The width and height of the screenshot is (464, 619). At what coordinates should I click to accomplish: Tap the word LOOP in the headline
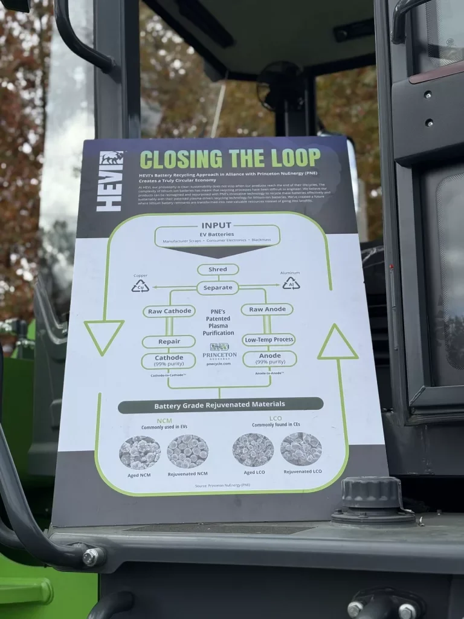(289, 158)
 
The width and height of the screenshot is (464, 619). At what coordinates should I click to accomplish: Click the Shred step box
(217, 270)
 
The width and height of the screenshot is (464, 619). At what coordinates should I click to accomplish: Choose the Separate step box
(217, 288)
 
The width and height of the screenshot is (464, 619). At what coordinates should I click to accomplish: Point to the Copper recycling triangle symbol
(140, 286)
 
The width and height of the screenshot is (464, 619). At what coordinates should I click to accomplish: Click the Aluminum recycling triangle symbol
(291, 283)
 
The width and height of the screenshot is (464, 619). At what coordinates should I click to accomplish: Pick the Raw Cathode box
(169, 311)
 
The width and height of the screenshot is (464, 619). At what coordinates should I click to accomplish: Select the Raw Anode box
(267, 309)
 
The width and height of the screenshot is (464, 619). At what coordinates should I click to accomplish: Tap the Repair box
(169, 342)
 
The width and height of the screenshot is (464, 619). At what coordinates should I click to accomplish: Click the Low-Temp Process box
(269, 339)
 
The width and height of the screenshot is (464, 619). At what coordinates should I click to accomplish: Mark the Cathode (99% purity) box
(169, 361)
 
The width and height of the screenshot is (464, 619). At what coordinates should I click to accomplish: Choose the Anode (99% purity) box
(269, 358)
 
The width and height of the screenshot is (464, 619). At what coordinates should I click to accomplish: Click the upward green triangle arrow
(337, 343)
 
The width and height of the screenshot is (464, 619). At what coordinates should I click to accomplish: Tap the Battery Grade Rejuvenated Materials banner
(220, 404)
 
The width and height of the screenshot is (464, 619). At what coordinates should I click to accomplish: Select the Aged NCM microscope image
(140, 452)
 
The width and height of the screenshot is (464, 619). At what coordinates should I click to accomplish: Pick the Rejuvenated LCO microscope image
(301, 449)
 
